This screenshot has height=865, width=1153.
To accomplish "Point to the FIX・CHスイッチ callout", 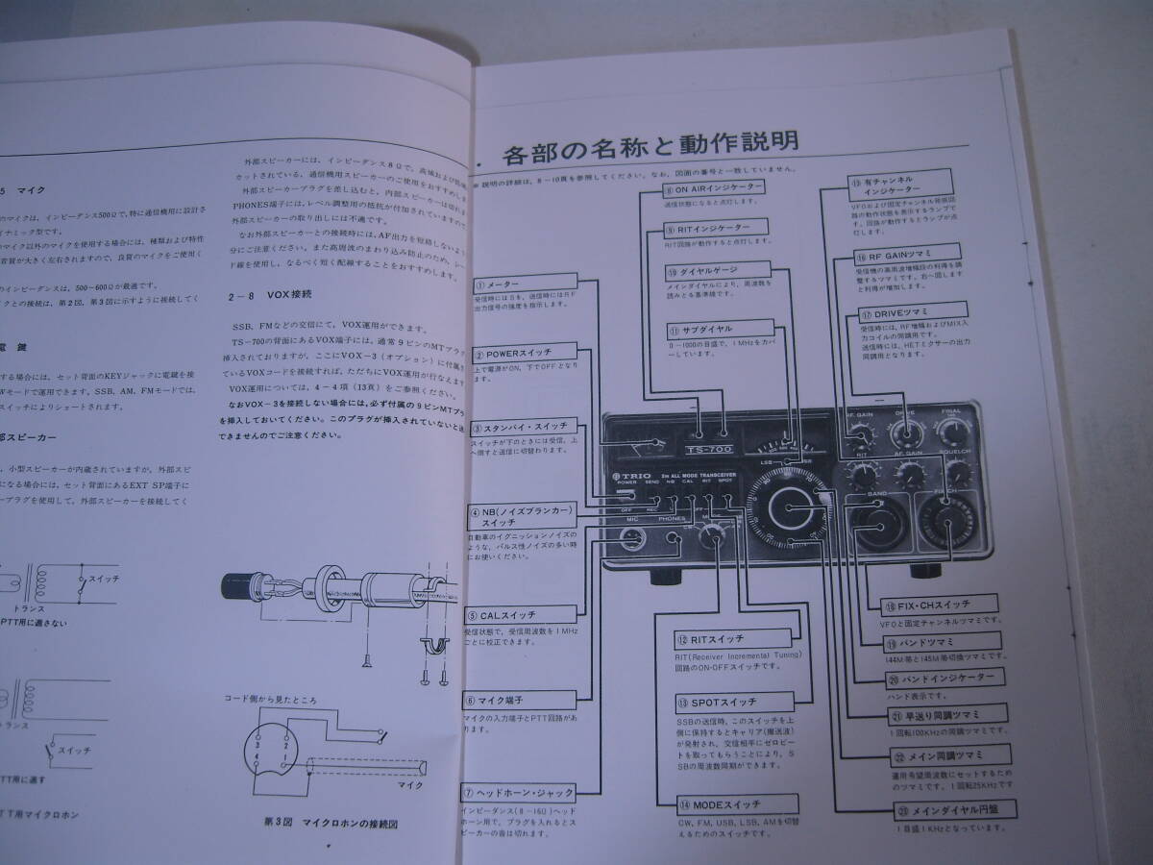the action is (x=926, y=605).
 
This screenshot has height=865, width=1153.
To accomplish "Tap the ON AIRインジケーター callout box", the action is (x=714, y=187).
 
